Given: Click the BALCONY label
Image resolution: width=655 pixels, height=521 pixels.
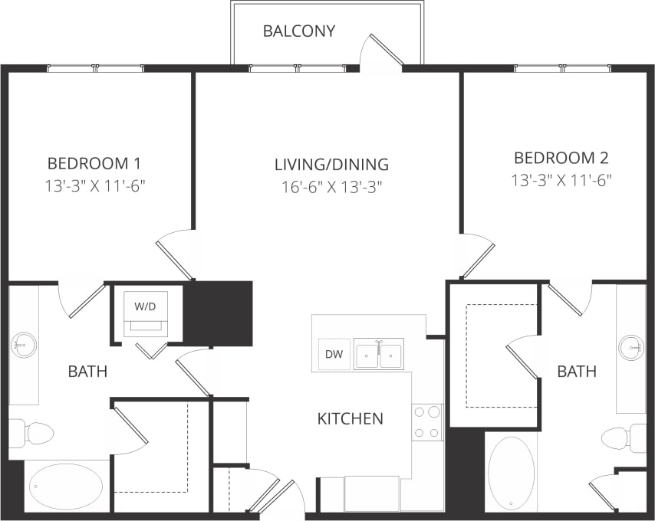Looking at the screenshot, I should point(299,31).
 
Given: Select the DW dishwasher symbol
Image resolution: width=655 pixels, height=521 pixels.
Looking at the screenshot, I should point(334,355).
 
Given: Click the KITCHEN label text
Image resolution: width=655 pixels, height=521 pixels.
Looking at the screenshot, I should point(351,419).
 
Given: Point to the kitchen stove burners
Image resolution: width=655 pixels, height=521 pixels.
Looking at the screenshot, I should point(427,422).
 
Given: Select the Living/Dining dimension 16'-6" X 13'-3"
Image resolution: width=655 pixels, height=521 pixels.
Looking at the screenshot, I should point(331,185).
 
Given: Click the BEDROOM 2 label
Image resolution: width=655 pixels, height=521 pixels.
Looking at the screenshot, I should point(561,159).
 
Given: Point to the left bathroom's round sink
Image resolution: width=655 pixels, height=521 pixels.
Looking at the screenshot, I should point(25,346).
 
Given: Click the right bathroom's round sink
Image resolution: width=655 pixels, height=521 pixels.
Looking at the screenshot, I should point(631,347).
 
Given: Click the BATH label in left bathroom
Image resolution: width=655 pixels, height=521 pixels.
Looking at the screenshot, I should point(87,372).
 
